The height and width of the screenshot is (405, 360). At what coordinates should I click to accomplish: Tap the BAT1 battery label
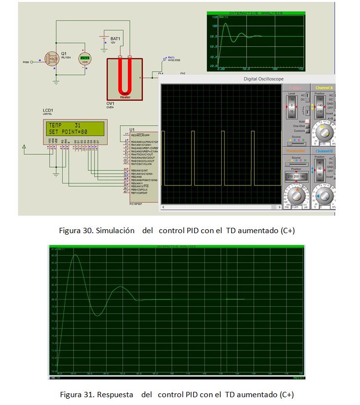pos(115,38)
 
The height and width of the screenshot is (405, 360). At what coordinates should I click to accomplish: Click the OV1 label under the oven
pos(111,103)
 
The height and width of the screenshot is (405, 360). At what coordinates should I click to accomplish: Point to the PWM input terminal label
pos(26,62)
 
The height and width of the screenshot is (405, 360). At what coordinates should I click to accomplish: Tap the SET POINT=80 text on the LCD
pos(68,132)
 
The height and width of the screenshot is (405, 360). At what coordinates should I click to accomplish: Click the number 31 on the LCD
pos(77,126)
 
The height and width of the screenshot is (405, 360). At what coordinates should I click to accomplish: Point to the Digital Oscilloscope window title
pos(263,79)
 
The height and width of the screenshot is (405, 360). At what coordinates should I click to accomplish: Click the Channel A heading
pos(323,88)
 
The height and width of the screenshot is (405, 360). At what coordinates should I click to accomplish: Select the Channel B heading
pos(323,151)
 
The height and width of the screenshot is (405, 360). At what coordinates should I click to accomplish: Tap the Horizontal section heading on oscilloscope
pos(296,151)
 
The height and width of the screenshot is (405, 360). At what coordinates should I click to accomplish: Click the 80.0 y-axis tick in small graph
pos(213,37)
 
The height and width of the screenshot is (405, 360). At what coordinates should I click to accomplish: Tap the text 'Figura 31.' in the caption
pos(74,394)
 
